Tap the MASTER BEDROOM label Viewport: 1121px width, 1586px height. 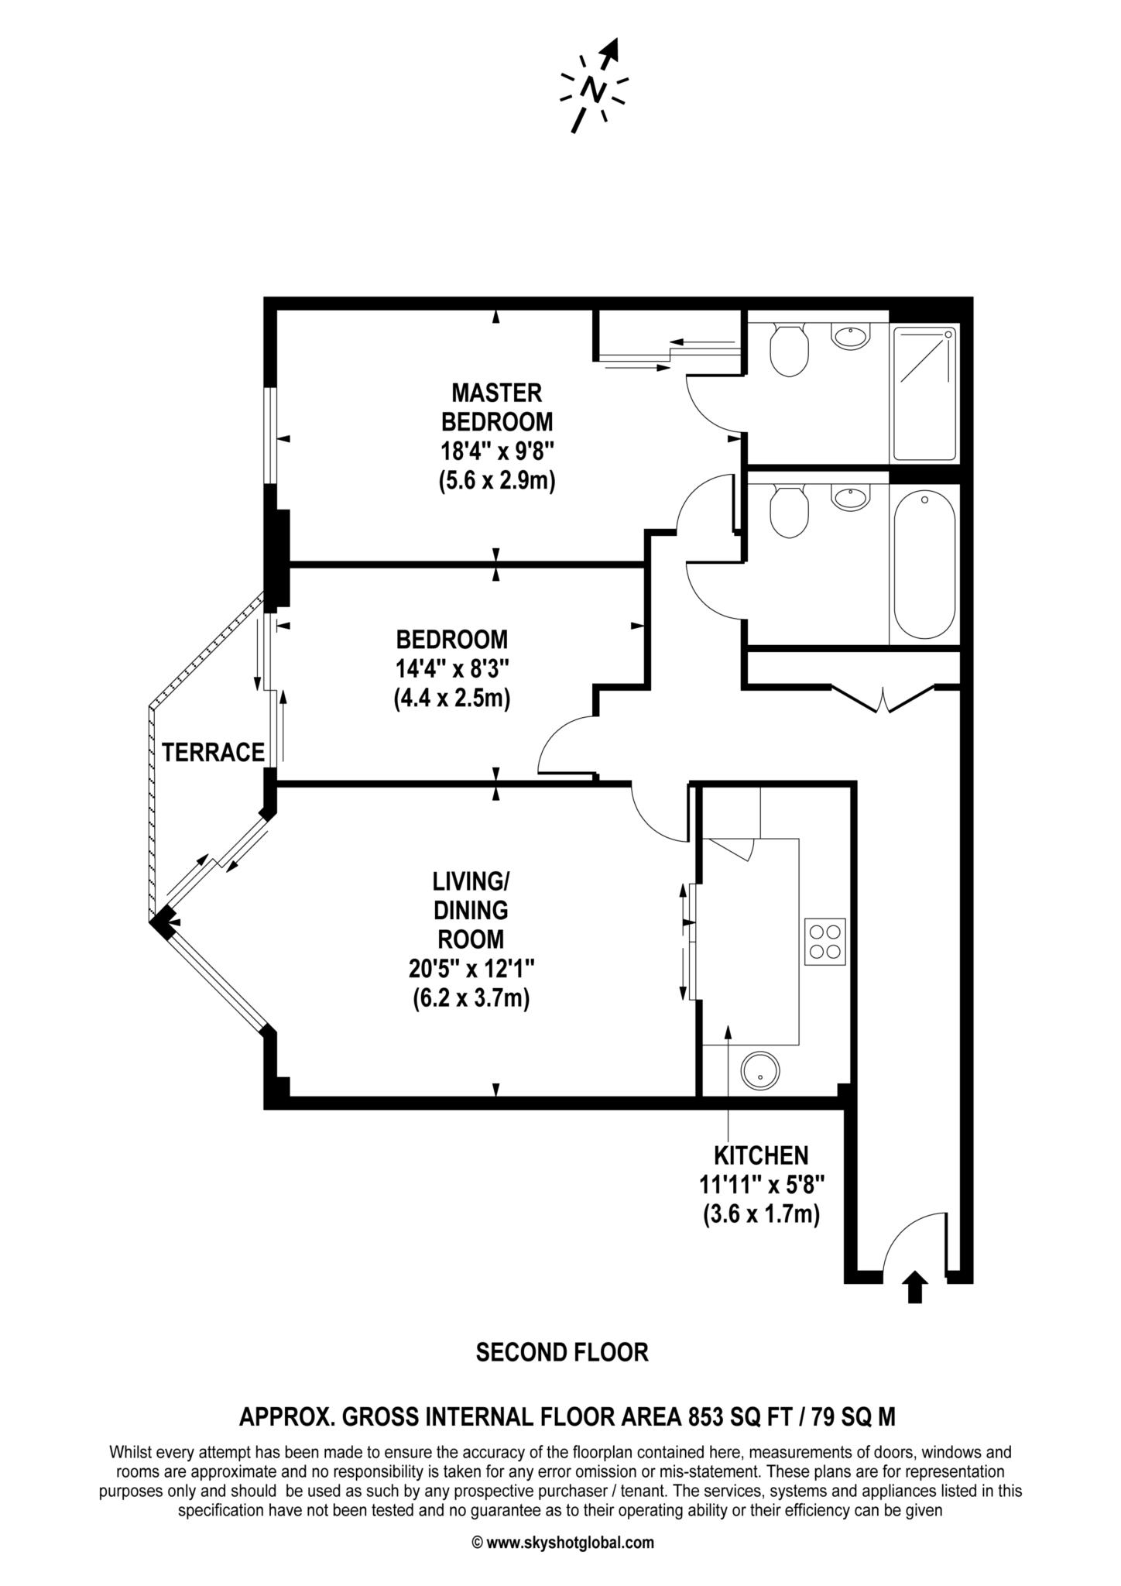497,407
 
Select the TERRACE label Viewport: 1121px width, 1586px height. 214,752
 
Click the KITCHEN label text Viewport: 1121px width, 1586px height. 761,1155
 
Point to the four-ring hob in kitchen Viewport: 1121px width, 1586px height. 825,941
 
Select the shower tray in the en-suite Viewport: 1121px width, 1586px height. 925,393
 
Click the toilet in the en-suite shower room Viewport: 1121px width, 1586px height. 790,349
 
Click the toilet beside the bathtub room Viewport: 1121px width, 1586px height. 790,510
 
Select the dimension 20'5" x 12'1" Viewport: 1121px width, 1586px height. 471,969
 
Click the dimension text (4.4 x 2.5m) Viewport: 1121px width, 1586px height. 452,699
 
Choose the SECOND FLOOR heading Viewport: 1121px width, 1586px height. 561,1352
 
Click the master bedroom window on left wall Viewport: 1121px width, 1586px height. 269,435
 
